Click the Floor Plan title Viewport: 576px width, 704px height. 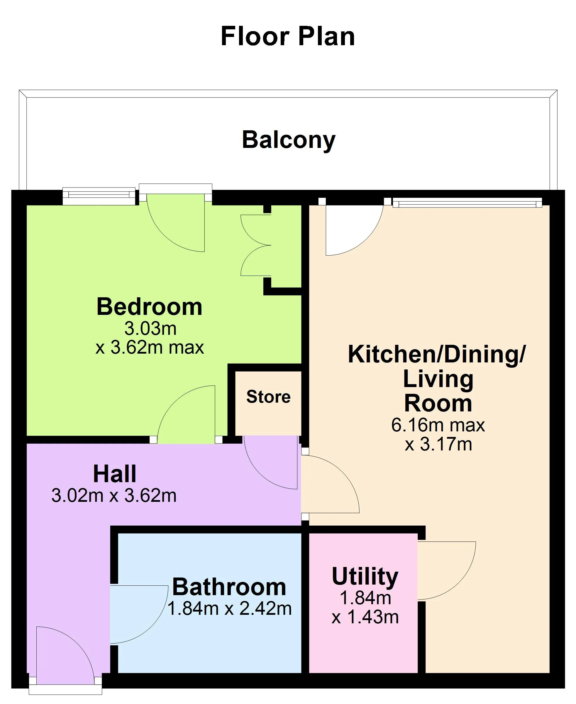tap(288, 36)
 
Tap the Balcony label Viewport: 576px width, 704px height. tap(288, 140)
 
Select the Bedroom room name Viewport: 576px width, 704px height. tap(149, 307)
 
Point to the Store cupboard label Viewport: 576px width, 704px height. tap(268, 397)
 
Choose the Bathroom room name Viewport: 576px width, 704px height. tap(229, 587)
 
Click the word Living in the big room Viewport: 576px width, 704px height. tap(438, 379)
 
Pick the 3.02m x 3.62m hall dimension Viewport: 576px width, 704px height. tap(114, 496)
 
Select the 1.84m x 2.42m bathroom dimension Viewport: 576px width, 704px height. tap(229, 608)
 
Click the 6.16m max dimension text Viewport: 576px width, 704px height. tap(438, 425)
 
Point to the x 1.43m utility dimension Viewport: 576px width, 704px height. tap(365, 617)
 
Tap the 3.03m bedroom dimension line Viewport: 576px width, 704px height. tap(150, 329)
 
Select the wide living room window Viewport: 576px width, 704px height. tap(467, 202)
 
